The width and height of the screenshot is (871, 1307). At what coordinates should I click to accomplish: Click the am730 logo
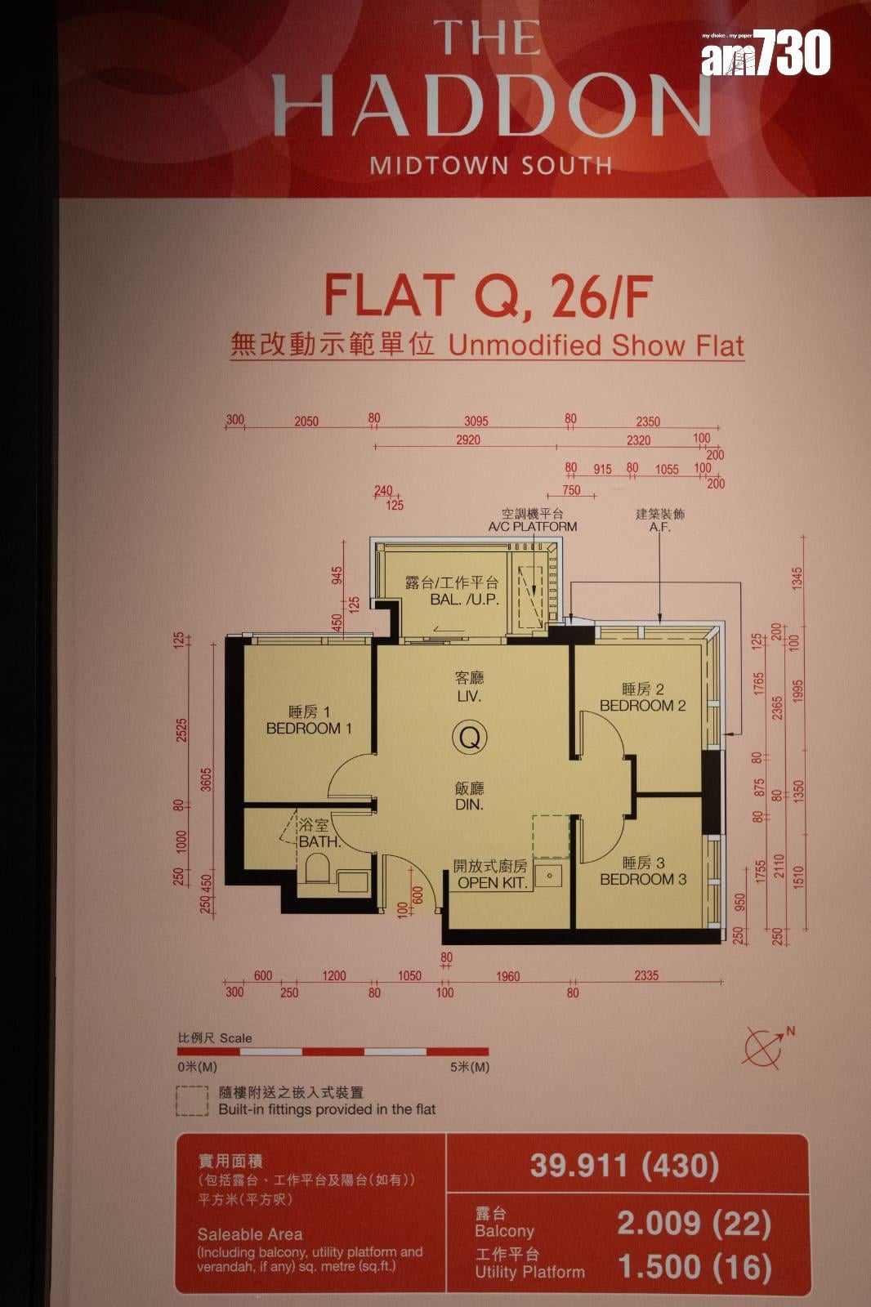(766, 52)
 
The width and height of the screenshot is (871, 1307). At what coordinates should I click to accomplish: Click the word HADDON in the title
(492, 105)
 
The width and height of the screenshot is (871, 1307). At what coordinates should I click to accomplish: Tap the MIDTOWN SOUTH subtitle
(492, 166)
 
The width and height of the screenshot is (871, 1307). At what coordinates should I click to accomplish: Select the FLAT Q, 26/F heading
(488, 297)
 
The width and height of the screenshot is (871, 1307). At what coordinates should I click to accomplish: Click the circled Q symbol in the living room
(470, 738)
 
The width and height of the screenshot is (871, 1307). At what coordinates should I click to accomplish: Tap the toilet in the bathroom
(318, 868)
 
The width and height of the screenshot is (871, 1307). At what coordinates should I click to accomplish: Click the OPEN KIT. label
(492, 883)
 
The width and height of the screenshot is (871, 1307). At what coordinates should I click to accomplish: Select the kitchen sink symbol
(549, 875)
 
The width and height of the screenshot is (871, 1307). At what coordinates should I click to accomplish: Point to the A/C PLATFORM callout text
(533, 526)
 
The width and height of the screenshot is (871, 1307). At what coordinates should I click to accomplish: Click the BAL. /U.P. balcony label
(465, 600)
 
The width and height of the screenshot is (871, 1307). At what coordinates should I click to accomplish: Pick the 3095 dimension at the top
(476, 422)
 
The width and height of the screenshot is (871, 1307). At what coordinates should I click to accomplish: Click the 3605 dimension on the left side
(206, 779)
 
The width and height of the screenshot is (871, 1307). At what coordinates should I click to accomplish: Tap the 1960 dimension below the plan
(507, 976)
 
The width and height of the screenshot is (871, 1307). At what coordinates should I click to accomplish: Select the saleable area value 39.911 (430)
(624, 1166)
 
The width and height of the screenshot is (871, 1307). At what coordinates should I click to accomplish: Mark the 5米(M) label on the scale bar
(469, 1067)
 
